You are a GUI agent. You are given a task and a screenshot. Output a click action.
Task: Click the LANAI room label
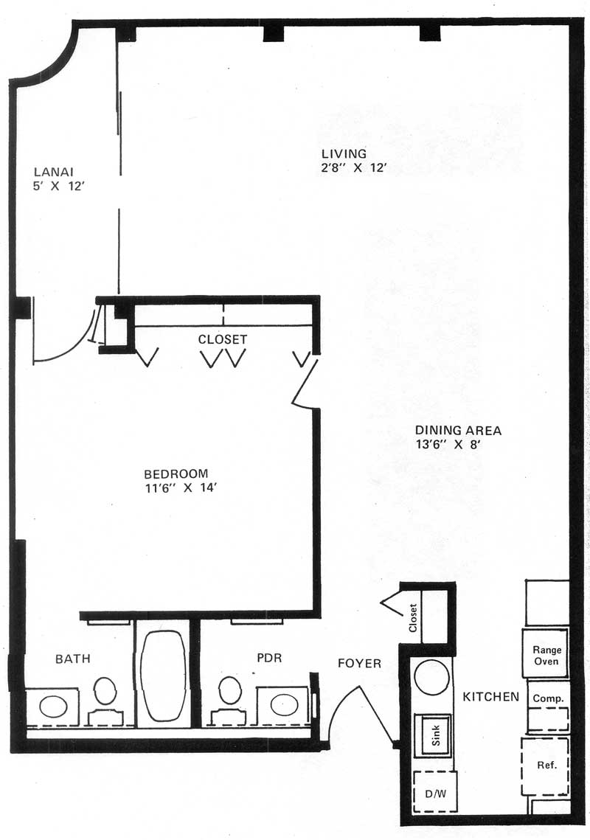click(54, 172)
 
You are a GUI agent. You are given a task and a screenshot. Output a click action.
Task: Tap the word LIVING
click(344, 153)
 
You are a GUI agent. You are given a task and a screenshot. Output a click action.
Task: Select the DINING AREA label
click(458, 430)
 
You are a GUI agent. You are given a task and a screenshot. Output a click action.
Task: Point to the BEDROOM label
click(176, 473)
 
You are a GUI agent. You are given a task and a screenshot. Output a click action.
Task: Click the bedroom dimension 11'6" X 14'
click(180, 487)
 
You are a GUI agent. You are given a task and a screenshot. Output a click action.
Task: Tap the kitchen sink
click(434, 735)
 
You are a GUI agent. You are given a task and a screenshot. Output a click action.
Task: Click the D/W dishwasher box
click(434, 793)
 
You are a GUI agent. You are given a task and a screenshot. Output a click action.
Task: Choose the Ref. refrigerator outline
click(545, 766)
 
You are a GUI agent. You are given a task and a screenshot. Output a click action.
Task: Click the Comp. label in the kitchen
click(548, 698)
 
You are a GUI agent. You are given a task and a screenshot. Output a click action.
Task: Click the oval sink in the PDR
click(284, 704)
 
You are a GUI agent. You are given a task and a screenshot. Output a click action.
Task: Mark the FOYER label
click(359, 663)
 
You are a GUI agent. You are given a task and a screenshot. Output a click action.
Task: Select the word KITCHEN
click(491, 696)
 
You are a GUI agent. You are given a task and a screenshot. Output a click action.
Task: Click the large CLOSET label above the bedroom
click(223, 339)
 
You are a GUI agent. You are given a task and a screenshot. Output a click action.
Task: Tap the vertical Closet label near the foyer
click(412, 618)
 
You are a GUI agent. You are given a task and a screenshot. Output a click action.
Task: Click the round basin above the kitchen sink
click(432, 678)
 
